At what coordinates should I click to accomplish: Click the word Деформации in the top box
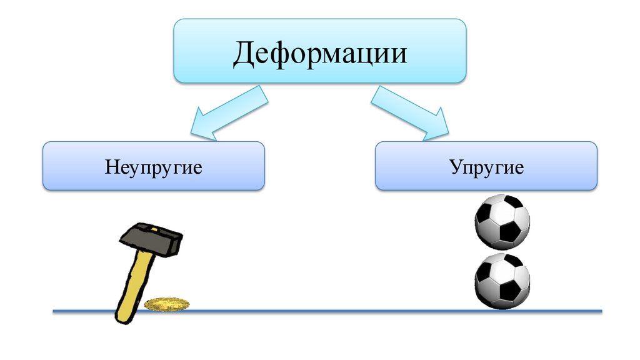click(x=320, y=53)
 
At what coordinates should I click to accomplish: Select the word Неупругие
click(x=154, y=168)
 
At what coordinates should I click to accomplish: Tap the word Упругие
click(x=486, y=168)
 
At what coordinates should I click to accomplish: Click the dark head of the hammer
click(x=151, y=239)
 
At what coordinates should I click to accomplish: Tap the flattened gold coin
click(x=167, y=304)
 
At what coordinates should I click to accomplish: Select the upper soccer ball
click(x=502, y=222)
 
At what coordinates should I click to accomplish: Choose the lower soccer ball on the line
click(x=502, y=281)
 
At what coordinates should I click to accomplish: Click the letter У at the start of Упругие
click(x=454, y=168)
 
